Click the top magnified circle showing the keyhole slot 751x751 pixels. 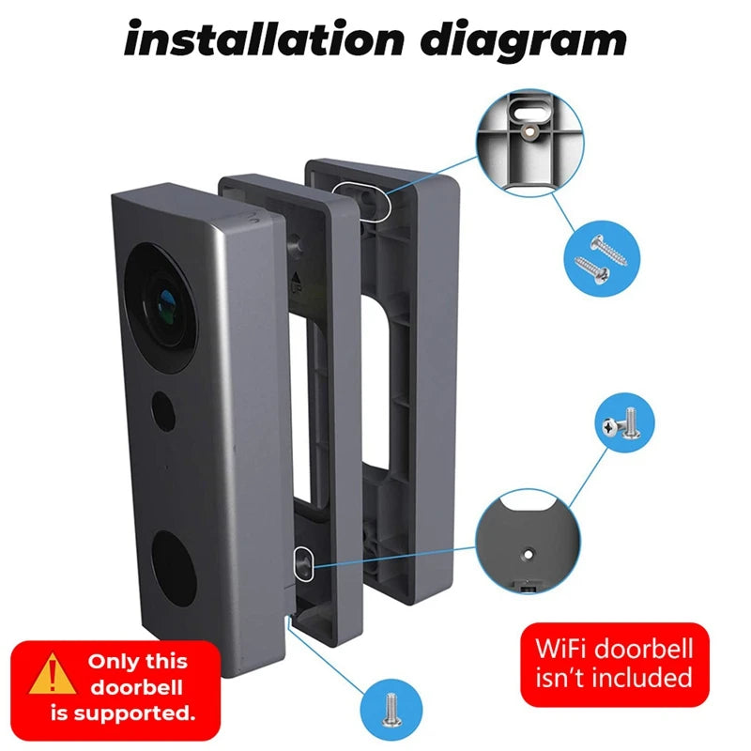(529, 142)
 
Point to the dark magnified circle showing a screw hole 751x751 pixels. (529, 545)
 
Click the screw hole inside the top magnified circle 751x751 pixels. (533, 134)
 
